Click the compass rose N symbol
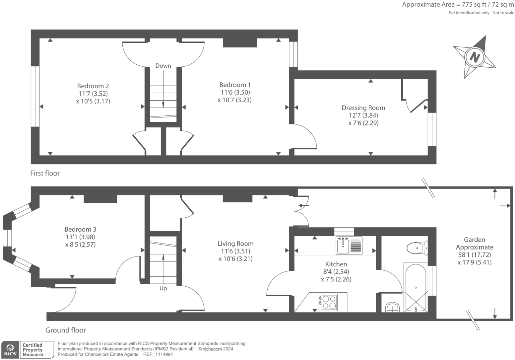pos(475,57)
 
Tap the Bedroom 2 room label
pos(93,86)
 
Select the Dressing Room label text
pos(363,108)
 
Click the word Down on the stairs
pos(163,66)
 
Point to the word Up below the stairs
pos(163,288)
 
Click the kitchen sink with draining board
pos(349,246)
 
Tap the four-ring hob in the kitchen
pos(328,302)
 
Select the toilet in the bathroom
pos(416,248)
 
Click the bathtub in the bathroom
pos(415,287)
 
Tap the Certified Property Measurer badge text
pos(33,350)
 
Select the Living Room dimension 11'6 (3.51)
pos(235,251)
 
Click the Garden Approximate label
pos(474,243)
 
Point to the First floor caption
pos(45,173)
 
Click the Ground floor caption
pos(66,330)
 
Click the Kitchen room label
pos(336,264)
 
